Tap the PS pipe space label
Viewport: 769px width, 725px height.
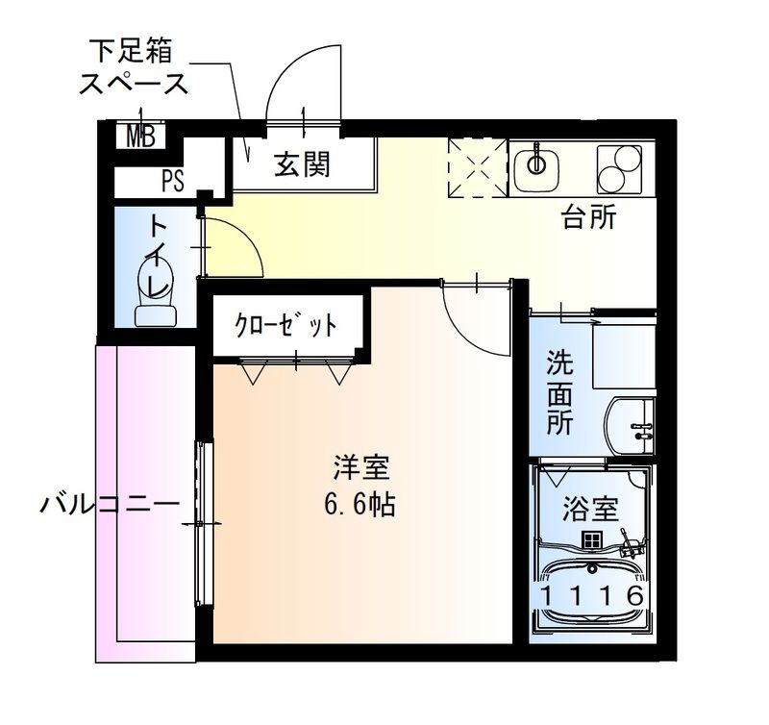(x=173, y=180)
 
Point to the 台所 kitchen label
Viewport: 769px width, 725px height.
(x=588, y=218)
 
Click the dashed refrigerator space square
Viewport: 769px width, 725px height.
(x=477, y=166)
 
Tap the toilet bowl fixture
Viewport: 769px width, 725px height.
(x=155, y=298)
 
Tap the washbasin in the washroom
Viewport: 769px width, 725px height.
(x=631, y=423)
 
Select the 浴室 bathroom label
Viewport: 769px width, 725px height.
(x=590, y=508)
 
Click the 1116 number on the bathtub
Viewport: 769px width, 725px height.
(x=590, y=595)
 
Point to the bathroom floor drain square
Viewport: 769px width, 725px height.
(x=590, y=540)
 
